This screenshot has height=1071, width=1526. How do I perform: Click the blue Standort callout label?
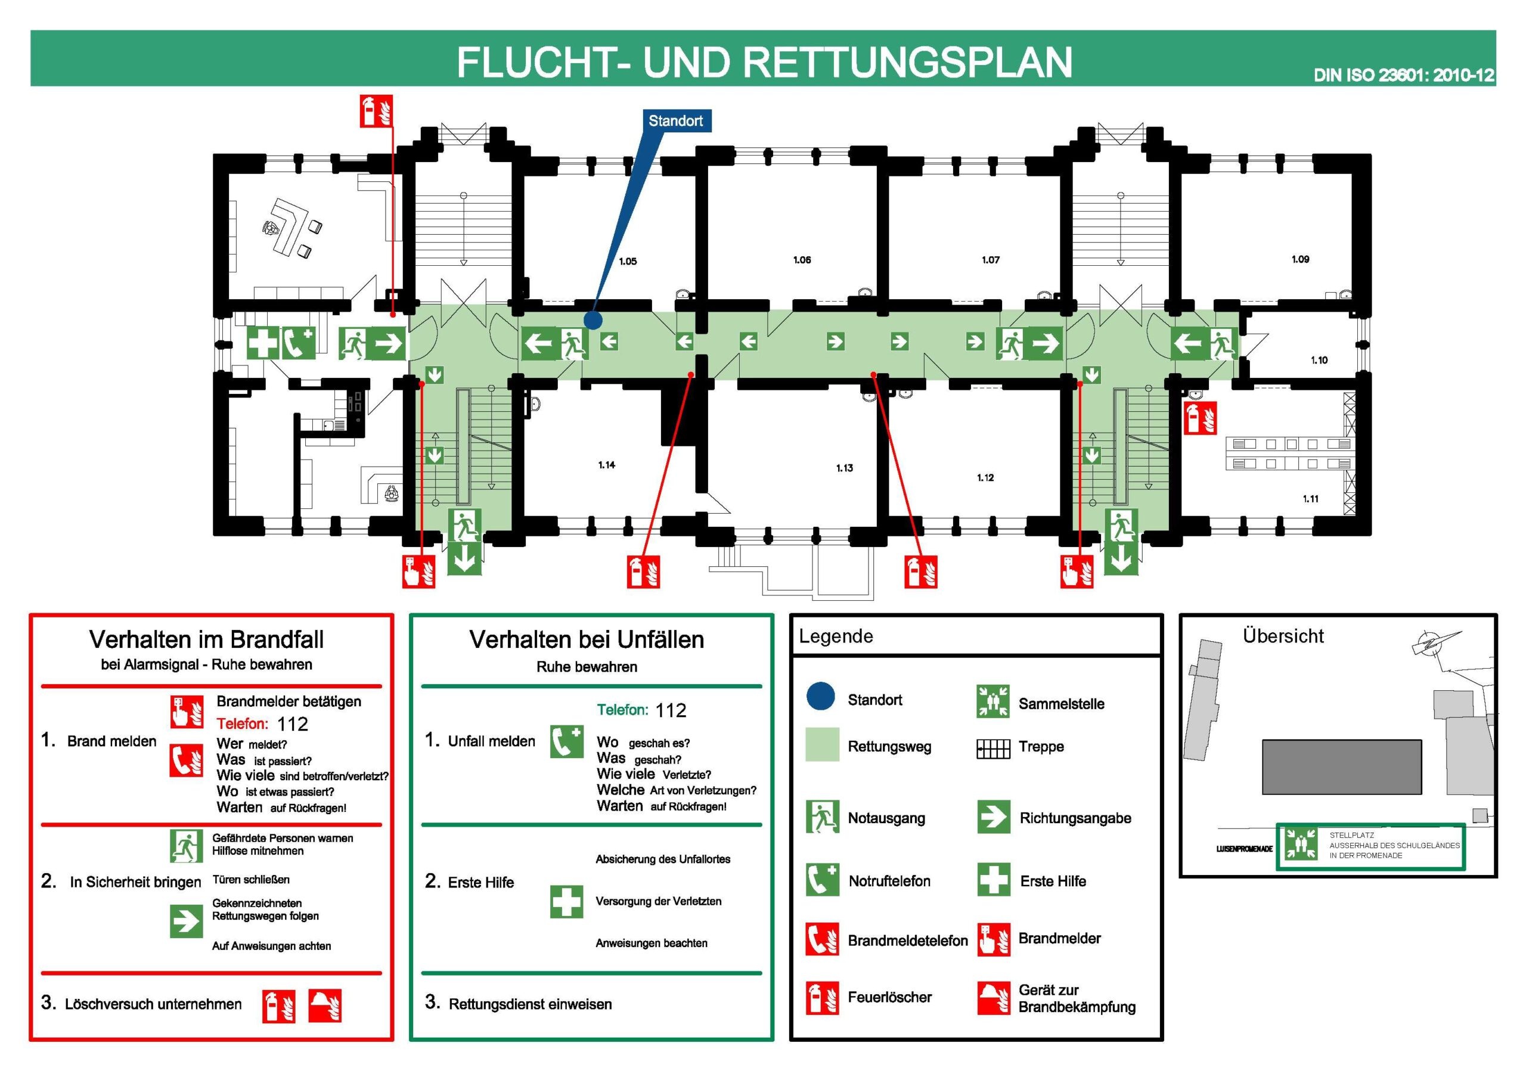click(x=675, y=121)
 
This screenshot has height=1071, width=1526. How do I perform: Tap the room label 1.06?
click(x=802, y=260)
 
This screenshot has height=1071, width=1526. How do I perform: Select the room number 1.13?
click(x=844, y=468)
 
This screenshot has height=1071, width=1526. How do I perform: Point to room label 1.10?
click(x=1319, y=360)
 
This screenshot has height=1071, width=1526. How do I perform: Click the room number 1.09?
click(x=1300, y=259)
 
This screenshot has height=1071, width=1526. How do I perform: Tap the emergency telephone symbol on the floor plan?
click(x=299, y=343)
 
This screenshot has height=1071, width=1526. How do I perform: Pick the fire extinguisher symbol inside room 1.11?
click(x=1200, y=418)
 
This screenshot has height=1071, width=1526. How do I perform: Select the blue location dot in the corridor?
click(x=593, y=321)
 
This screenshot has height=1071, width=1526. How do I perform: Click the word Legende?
click(x=836, y=637)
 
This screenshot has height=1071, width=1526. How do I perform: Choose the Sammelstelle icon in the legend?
click(x=993, y=701)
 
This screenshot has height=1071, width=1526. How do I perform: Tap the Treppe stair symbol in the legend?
click(x=993, y=749)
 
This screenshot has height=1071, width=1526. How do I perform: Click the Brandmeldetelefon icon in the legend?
click(x=822, y=939)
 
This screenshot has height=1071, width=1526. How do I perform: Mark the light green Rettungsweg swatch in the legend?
click(x=822, y=744)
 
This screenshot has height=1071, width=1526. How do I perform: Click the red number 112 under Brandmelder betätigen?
click(x=293, y=724)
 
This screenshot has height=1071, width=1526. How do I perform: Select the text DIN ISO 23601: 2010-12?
click(x=1404, y=75)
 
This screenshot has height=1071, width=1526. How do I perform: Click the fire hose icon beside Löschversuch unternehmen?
click(x=325, y=1005)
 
